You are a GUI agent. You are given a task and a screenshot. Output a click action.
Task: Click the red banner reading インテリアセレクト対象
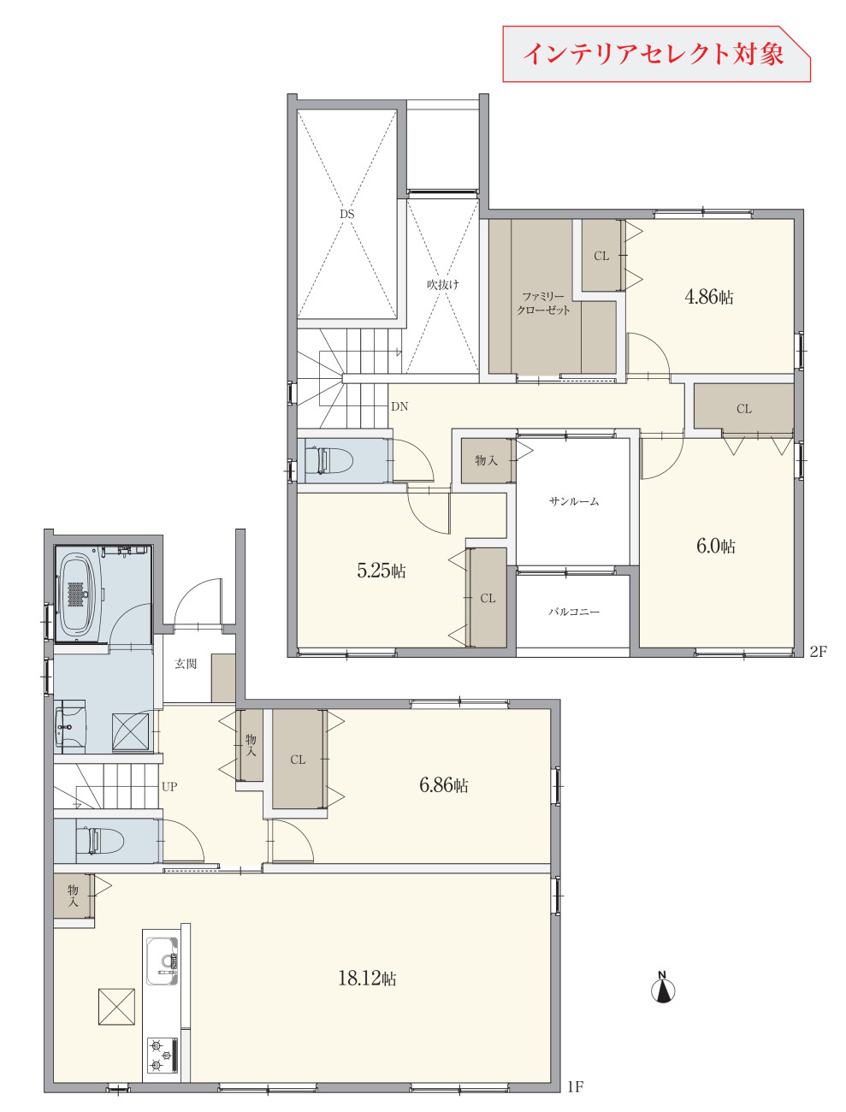657,54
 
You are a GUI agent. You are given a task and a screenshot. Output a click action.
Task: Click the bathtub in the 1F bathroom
80,593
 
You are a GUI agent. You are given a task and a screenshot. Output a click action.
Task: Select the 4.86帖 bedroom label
709,296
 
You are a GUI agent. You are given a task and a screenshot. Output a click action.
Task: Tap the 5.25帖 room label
381,571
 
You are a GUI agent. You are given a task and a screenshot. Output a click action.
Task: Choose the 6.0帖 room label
715,546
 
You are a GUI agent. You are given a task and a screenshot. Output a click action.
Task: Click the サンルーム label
573,501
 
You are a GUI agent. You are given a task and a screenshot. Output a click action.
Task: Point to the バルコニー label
573,612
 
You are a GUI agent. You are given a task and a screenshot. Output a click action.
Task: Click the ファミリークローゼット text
543,303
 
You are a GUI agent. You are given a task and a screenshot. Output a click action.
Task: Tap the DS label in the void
347,215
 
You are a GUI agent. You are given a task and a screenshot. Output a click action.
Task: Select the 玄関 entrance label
186,664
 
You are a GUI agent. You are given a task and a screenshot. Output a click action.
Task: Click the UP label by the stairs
169,786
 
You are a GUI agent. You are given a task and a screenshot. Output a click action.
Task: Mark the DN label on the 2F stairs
399,406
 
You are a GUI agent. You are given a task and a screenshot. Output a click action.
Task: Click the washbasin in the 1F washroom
70,727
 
